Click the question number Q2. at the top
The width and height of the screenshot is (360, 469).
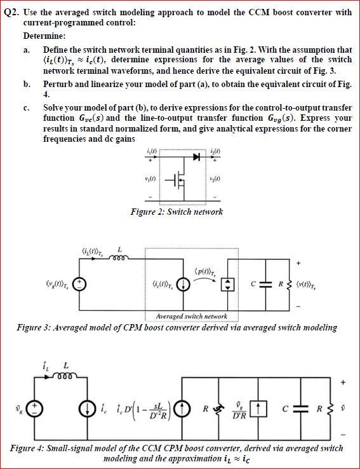(x=13, y=12)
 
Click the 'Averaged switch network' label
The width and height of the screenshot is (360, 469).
(x=190, y=316)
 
